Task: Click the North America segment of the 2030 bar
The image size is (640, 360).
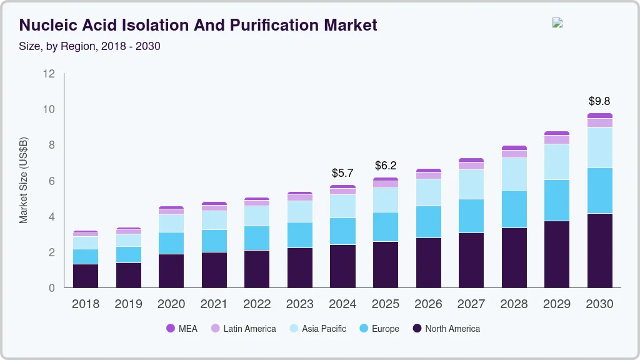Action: point(599,250)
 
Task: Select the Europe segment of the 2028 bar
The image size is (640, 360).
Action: point(514,209)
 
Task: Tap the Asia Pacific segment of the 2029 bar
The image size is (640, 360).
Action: point(556,161)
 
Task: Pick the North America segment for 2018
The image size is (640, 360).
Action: point(86,276)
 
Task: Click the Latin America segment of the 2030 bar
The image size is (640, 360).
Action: point(599,122)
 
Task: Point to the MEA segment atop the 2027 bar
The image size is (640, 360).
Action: point(471,160)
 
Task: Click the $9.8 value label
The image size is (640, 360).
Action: point(599,101)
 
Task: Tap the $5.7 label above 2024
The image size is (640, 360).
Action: point(342,172)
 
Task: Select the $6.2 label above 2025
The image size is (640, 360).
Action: point(386,166)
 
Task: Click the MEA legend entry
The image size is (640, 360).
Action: point(182,329)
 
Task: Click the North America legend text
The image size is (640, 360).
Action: point(452,329)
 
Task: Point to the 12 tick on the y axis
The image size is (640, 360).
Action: point(49,74)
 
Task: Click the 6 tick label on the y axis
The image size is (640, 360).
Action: point(51,181)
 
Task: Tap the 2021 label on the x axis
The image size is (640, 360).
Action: point(214,304)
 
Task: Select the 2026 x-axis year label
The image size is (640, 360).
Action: point(428,304)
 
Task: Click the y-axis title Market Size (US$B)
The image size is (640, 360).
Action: point(24,181)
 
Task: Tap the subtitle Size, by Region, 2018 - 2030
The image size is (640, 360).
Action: point(90,46)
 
